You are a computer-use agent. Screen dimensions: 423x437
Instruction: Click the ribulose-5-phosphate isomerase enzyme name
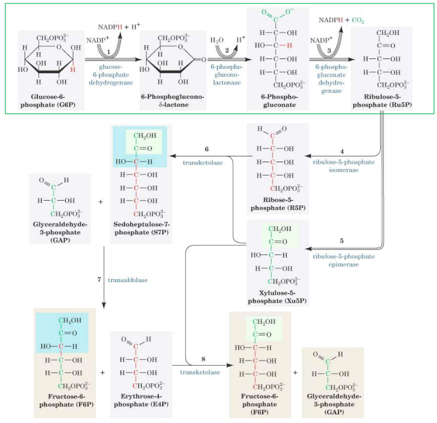coord(344,166)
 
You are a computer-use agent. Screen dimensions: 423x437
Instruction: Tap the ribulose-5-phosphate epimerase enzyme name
coord(344,260)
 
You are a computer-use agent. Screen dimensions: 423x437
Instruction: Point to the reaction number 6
coord(205,150)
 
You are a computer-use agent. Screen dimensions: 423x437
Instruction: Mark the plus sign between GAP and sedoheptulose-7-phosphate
coord(101,202)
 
